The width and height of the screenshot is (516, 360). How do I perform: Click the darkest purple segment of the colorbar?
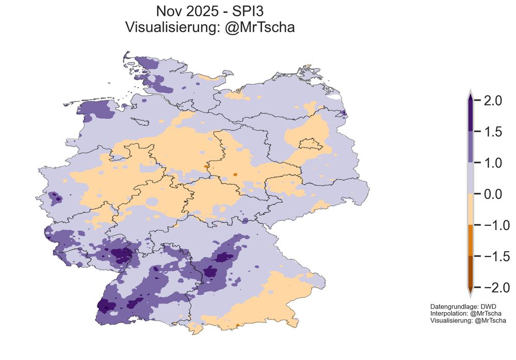pyautogui.click(x=471, y=116)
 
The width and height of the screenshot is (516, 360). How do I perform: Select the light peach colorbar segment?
pyautogui.click(x=471, y=209)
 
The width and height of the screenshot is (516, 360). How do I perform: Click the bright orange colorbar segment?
pyautogui.click(x=471, y=240)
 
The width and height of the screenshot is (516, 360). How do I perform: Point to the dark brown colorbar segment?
pyautogui.click(x=471, y=271)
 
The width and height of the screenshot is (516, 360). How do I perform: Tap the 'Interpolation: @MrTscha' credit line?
pyautogui.click(x=466, y=313)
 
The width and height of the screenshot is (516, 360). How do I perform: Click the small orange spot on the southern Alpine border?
pyautogui.click(x=237, y=325)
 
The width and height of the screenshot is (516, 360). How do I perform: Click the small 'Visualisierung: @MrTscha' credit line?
pyautogui.click(x=468, y=320)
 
